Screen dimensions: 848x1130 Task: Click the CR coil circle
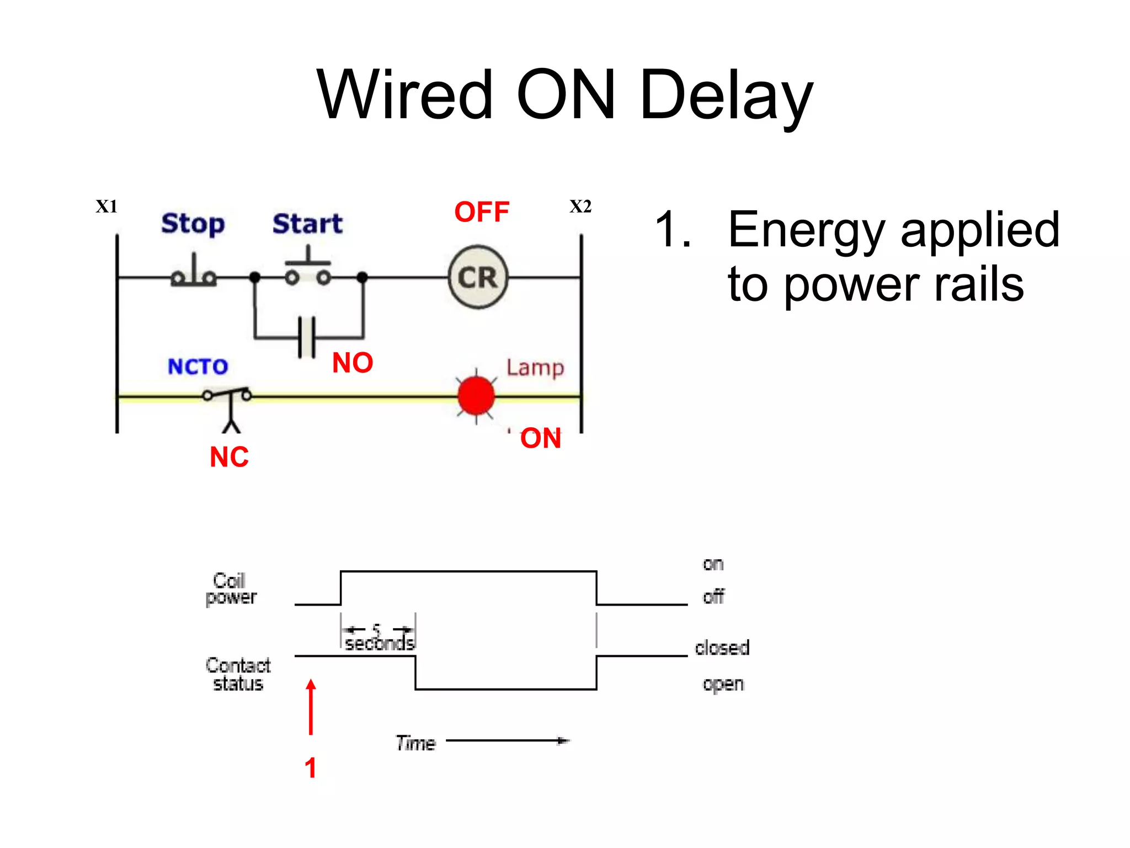[x=478, y=277]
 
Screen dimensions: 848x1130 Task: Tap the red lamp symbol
[x=476, y=395]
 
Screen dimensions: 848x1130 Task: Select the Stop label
[x=193, y=224]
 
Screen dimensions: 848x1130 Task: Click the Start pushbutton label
[x=307, y=224]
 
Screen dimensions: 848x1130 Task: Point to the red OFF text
[x=482, y=212]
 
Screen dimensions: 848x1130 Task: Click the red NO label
[x=353, y=363]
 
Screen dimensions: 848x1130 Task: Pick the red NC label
[x=229, y=457]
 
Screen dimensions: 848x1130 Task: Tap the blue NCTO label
[x=198, y=367]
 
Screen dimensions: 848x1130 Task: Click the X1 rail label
[x=106, y=206]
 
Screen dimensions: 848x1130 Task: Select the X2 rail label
[x=580, y=206]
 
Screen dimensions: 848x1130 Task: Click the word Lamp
[x=535, y=368]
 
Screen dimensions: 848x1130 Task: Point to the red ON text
[x=541, y=438]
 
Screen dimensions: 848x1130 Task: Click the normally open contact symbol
[x=307, y=337]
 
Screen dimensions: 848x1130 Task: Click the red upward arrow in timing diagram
[x=311, y=707]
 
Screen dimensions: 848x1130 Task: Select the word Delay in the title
[x=726, y=95]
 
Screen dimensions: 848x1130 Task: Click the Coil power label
[x=231, y=589]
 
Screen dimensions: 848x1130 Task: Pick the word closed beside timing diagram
[x=722, y=648]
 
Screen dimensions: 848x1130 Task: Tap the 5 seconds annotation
[x=379, y=638]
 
